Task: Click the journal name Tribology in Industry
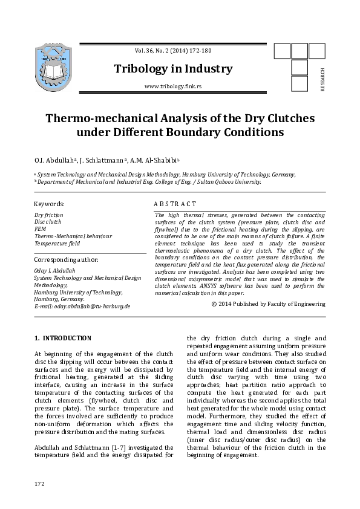click(x=173, y=69)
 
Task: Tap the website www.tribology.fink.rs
click(x=173, y=87)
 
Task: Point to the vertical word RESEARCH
click(x=322, y=79)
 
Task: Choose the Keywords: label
click(x=50, y=204)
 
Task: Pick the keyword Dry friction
click(x=48, y=215)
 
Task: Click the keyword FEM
click(x=40, y=229)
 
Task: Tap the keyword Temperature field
click(x=57, y=243)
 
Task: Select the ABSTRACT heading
click(x=175, y=204)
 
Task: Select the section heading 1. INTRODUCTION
click(x=63, y=338)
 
